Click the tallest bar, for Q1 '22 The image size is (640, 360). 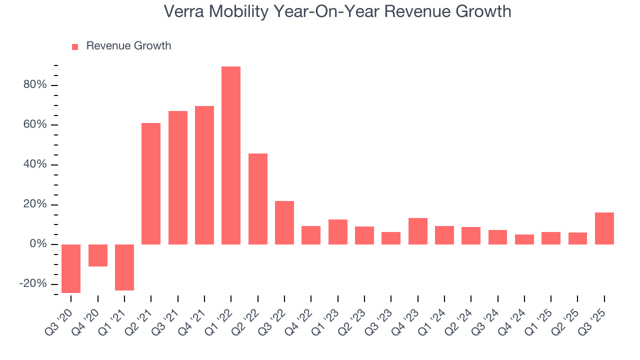(231, 155)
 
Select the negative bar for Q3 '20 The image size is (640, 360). (71, 268)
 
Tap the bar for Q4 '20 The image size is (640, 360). (97, 255)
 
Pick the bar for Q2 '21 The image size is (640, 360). (151, 183)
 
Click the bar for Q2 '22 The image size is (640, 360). (258, 199)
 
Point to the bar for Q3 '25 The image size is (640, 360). (604, 228)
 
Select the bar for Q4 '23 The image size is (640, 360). (417, 231)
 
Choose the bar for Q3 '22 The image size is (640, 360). (284, 222)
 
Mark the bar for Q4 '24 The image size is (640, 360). (524, 239)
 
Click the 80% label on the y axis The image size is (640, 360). (35, 85)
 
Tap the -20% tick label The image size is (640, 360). (33, 284)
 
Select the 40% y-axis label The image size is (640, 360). (35, 164)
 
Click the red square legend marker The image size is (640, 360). (75, 46)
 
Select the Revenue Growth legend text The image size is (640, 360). (128, 46)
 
